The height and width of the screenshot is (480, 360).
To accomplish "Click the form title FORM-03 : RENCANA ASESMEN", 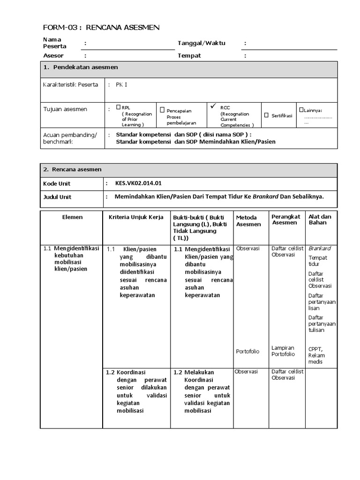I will click(x=101, y=28).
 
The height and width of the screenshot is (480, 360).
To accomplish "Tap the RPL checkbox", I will click(x=119, y=107).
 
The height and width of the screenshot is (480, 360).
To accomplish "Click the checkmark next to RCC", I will click(x=213, y=106).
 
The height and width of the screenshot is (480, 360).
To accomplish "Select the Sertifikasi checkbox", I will click(x=266, y=115).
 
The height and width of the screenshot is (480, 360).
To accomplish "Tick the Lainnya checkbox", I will click(x=301, y=109).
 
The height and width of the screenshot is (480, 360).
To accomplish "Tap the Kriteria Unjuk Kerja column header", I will click(x=136, y=217).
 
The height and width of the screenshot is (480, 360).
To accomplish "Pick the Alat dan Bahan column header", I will click(x=320, y=219).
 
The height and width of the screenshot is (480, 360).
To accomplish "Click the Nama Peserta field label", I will click(x=54, y=43).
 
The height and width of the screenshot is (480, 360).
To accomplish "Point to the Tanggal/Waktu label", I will click(x=201, y=43).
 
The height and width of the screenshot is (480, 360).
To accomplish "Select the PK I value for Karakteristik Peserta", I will click(x=121, y=85).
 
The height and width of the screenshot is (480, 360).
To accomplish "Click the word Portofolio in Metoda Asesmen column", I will click(x=248, y=351).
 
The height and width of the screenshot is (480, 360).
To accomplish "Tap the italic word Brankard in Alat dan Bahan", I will click(x=319, y=248).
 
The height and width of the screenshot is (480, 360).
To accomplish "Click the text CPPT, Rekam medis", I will click(x=316, y=355).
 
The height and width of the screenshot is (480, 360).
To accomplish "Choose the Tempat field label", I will click(x=189, y=56).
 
